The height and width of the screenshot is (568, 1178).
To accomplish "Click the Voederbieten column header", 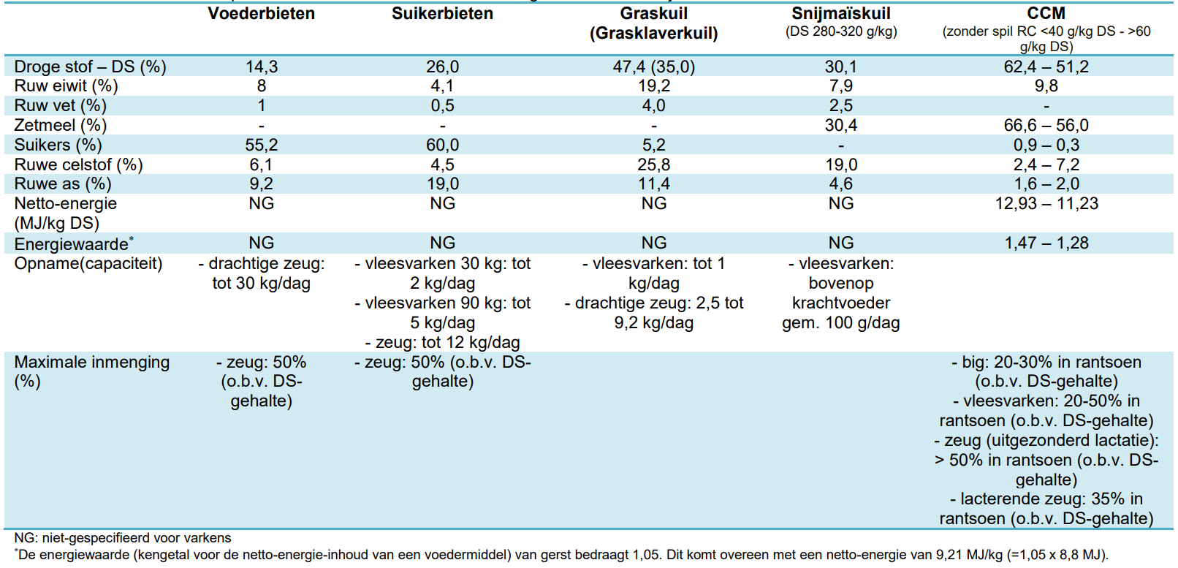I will pyautogui.click(x=261, y=13).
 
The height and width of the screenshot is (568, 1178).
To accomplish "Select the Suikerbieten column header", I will pyautogui.click(x=442, y=13).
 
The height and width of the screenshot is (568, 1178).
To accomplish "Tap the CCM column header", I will pyautogui.click(x=1046, y=13).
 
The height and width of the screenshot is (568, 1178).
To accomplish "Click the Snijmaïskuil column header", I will pyautogui.click(x=840, y=13).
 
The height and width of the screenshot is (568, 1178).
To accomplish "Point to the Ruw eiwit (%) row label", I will pyautogui.click(x=66, y=86).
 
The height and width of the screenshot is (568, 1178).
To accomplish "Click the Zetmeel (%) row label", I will pyautogui.click(x=60, y=126).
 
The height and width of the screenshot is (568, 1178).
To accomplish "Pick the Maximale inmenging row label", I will pyautogui.click(x=91, y=363).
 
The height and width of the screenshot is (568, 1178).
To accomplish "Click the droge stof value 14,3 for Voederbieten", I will pyautogui.click(x=261, y=67).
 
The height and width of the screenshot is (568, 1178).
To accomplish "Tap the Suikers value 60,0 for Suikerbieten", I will pyautogui.click(x=442, y=145).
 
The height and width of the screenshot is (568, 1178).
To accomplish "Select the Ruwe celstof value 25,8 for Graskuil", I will pyautogui.click(x=653, y=164).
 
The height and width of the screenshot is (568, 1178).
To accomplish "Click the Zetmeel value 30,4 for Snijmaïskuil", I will pyautogui.click(x=840, y=126).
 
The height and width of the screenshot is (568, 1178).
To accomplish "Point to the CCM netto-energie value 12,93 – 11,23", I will pyautogui.click(x=1046, y=204).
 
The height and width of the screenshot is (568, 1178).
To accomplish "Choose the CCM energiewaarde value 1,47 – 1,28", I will pyautogui.click(x=1046, y=243).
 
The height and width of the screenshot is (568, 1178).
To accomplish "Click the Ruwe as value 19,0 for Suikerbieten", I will pyautogui.click(x=442, y=184).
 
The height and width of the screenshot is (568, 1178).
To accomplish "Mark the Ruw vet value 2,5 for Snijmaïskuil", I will pyautogui.click(x=840, y=106).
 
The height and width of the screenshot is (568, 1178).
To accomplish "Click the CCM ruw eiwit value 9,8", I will pyautogui.click(x=1046, y=86).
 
